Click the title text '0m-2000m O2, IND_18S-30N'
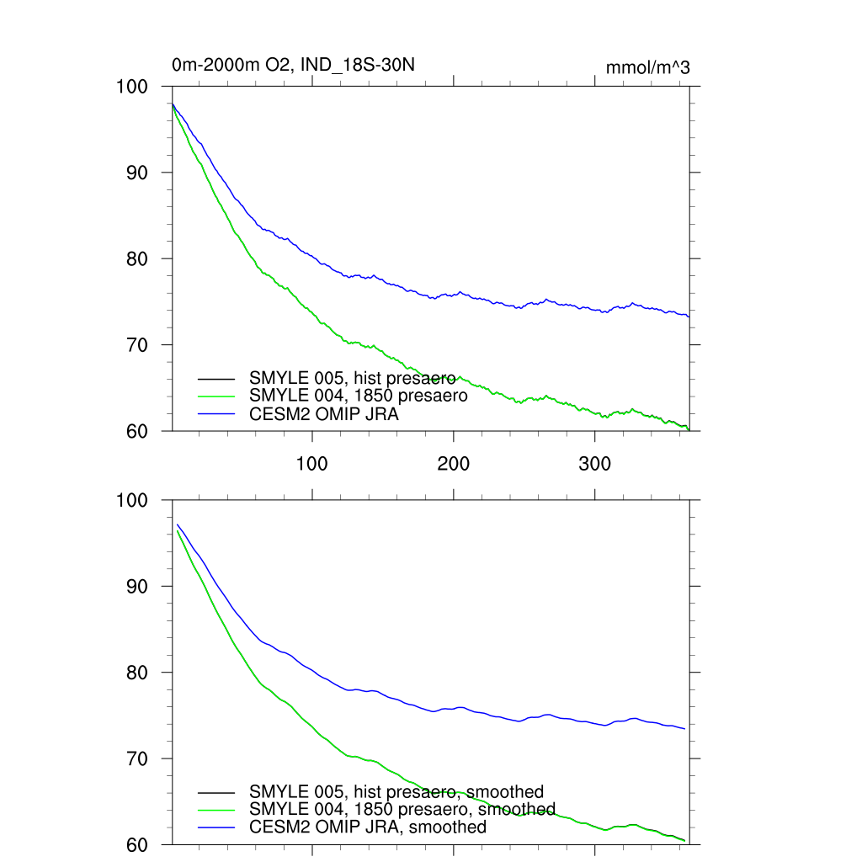tap(292, 65)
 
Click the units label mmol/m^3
tap(647, 67)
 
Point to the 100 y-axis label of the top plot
tap(131, 87)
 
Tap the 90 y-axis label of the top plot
tap(138, 173)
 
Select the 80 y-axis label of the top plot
tap(138, 258)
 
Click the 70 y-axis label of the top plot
tap(138, 345)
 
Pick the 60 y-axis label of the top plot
tap(138, 431)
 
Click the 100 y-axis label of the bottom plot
tap(131, 500)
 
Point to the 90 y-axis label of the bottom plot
tap(138, 586)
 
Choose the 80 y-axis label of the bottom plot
tap(138, 673)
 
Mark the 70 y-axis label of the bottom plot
tap(138, 758)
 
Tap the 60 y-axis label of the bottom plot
tap(138, 844)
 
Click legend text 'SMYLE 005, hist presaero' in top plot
tap(353, 378)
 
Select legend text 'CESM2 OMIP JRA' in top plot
tap(324, 413)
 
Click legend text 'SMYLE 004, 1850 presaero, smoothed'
tap(402, 809)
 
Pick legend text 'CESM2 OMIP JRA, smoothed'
tap(368, 827)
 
